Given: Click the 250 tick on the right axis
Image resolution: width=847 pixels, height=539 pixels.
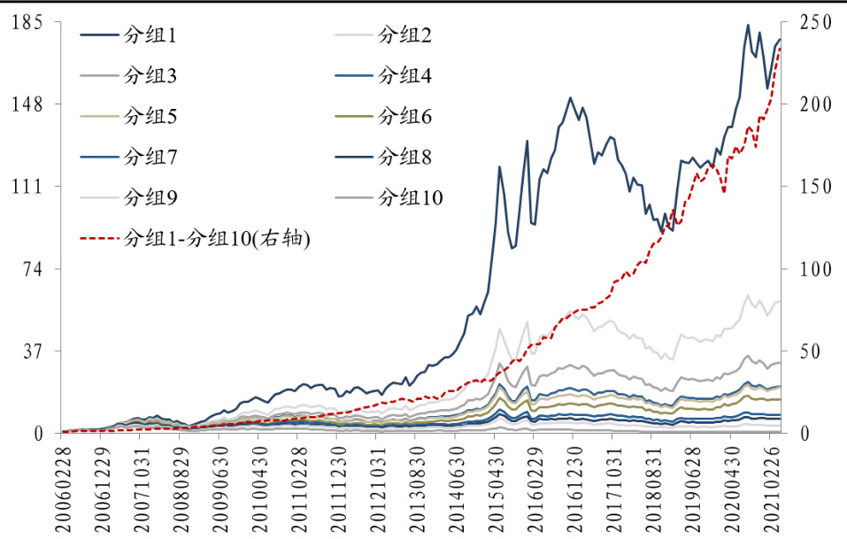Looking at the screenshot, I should (815, 23).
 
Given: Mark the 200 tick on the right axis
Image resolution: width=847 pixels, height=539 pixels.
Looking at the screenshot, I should (815, 104).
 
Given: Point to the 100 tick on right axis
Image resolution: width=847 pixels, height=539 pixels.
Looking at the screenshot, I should (815, 269).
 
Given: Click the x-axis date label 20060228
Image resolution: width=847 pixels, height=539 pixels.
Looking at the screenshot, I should (64, 489).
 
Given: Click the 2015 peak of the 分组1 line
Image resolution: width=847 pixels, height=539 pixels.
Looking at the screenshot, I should (499, 166).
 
